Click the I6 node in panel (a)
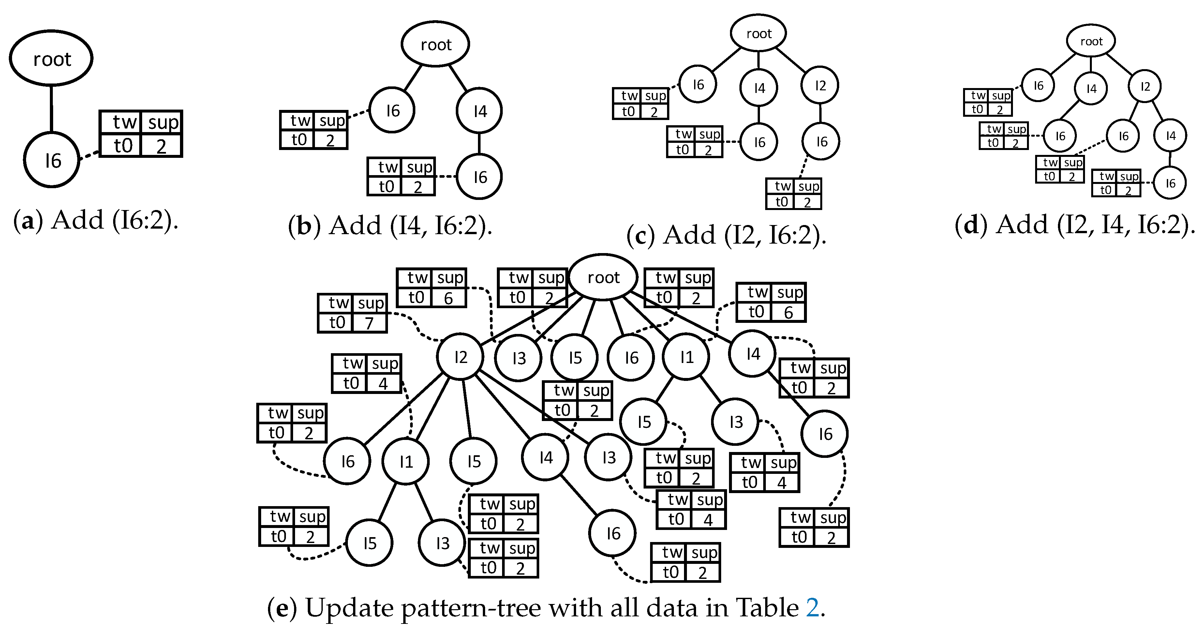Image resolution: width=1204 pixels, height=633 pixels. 52,160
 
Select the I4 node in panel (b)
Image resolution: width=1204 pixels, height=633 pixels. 479,111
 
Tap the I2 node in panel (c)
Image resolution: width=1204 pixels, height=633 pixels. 820,85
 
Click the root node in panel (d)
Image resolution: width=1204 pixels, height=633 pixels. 1091,41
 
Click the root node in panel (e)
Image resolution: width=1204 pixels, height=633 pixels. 603,277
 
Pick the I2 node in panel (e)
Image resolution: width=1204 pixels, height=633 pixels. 460,357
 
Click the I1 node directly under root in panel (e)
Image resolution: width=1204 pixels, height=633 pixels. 686,357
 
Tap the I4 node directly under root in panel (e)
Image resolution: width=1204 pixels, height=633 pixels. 752,354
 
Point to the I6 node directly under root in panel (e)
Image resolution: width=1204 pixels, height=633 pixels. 631,358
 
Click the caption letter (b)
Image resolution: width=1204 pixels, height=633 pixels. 304,226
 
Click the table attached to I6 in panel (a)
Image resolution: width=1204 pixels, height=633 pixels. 141,134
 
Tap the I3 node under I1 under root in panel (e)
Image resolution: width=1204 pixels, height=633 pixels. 736,422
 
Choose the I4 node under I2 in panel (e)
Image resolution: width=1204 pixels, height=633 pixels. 545,457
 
